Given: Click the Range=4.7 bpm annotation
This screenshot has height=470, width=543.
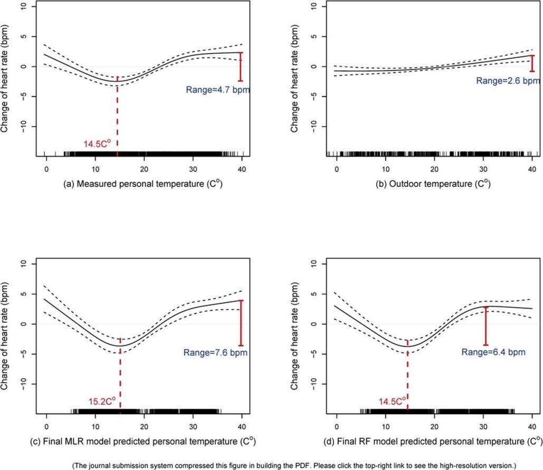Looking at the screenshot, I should [217, 90].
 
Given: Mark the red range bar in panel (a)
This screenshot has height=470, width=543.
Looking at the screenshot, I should [241, 66].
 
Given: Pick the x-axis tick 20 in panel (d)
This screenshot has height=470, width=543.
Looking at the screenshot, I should [434, 425].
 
